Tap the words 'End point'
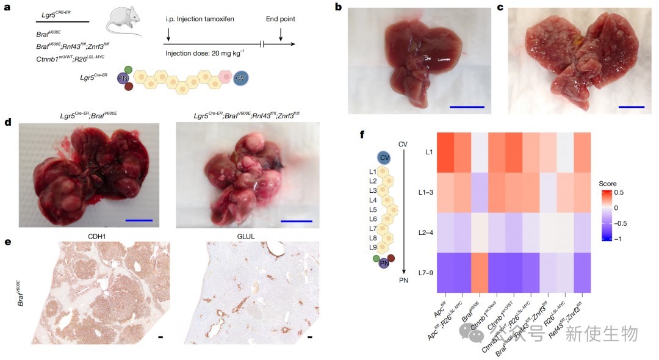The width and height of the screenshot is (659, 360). pos(281,19)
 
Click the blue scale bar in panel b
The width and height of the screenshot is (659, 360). pos(467,107)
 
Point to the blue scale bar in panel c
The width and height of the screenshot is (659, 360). pos(631,107)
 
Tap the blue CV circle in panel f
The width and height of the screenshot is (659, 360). pos(384,157)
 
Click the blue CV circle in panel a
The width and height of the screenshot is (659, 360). pos(240,77)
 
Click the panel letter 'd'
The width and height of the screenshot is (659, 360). pos(8,121)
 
